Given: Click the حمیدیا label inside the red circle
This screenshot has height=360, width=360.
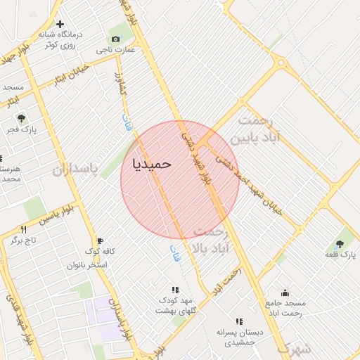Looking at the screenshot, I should pos(151,163).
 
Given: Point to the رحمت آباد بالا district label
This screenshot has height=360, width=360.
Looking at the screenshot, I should pos(211,240).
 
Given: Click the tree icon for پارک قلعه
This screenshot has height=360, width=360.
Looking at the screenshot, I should pos(345,241).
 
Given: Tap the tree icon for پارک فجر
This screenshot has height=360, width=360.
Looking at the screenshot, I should pos(21,118).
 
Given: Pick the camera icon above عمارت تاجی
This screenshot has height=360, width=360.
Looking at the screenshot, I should pos(115,39).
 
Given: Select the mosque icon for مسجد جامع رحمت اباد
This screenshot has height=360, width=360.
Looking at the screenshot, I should pos(285,292).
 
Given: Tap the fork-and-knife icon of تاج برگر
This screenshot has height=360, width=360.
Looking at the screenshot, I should pos(24,229).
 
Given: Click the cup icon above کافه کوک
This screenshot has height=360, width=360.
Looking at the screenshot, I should pos(100,240).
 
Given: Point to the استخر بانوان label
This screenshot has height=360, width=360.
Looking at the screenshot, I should pos(87,265).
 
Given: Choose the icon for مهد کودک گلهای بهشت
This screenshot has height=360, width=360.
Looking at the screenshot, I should pos(175,290).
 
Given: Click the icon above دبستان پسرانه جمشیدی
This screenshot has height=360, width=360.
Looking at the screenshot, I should pos(239,321).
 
